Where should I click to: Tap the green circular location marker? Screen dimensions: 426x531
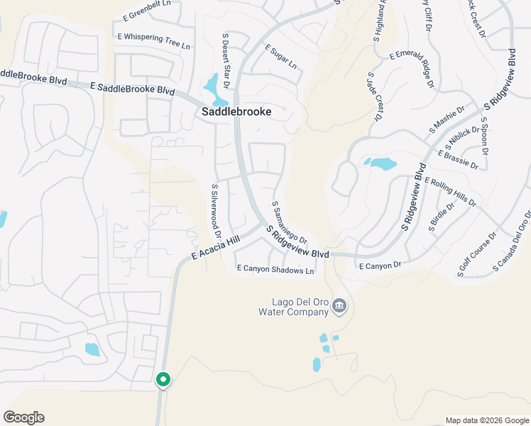163,380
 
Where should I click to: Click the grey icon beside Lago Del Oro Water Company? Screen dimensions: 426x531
339,306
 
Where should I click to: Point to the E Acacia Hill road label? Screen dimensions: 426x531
216,248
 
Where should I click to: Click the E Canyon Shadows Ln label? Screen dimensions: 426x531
275,270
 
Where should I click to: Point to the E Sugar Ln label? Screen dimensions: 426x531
281,56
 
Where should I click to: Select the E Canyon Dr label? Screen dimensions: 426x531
380,266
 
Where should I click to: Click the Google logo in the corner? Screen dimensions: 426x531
23,417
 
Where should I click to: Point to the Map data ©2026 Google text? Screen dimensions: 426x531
486,420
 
